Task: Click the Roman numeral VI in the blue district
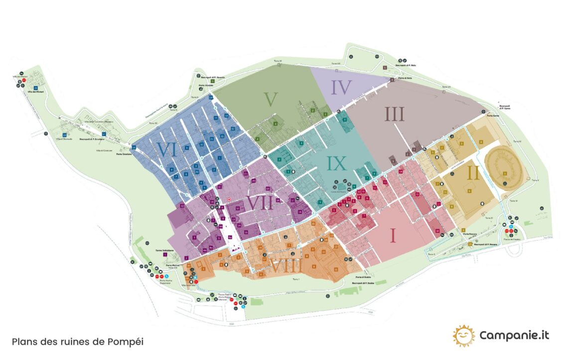(167, 149)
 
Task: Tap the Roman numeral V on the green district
(271, 99)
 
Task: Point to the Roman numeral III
(394, 115)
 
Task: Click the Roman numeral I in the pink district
(393, 235)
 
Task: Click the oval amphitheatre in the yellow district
(504, 165)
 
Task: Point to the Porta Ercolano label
(124, 154)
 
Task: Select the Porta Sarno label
(493, 116)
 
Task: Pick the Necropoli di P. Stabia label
(363, 283)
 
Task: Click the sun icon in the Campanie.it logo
(463, 336)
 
